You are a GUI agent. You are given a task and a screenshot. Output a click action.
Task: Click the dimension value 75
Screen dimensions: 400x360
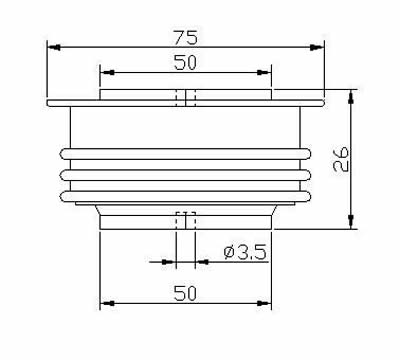click(186, 37)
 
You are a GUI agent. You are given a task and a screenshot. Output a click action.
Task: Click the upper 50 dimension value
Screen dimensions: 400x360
click(185, 63)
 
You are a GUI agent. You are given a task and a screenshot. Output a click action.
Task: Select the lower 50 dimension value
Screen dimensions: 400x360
click(185, 294)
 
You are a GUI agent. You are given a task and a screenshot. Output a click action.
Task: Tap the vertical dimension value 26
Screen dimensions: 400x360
click(341, 159)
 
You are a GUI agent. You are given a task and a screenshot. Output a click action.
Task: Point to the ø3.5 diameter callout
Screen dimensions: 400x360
click(245, 252)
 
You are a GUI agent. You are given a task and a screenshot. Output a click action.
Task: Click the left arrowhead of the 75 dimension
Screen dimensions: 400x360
click(54, 48)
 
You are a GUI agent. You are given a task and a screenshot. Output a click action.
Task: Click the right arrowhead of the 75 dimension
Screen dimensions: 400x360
click(317, 48)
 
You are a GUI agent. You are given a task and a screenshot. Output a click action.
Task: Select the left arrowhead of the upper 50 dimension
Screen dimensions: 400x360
click(107, 73)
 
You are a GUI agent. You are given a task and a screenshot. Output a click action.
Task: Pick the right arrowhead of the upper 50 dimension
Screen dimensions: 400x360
click(264, 73)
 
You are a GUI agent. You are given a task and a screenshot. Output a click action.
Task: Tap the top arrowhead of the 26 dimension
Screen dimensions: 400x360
click(351, 97)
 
